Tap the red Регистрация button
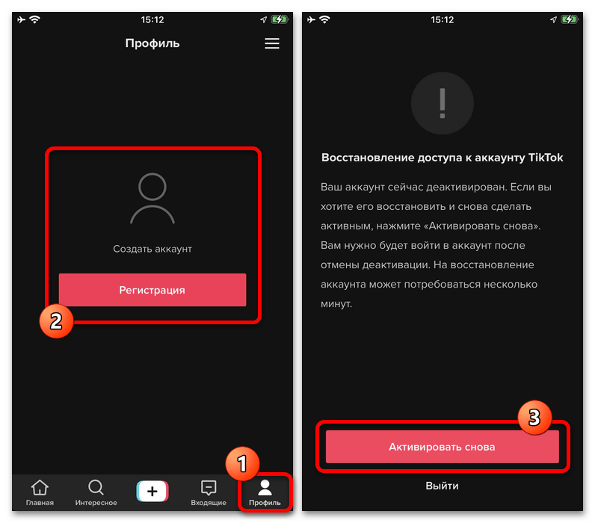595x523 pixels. [x=152, y=290]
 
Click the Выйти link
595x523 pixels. [x=442, y=486]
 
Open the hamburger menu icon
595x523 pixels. [x=271, y=43]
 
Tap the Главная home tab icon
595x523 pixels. [x=40, y=488]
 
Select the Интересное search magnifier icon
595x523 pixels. [x=96, y=488]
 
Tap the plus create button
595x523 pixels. [x=152, y=491]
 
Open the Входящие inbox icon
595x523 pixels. [x=209, y=488]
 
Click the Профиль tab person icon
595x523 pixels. [x=265, y=488]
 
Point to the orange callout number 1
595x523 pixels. [x=242, y=464]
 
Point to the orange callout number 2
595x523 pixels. [x=56, y=321]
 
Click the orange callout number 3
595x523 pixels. [x=534, y=418]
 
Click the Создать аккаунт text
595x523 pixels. [x=152, y=249]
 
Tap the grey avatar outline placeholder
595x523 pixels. [x=152, y=198]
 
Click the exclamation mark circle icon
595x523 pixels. [x=442, y=103]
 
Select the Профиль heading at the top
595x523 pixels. [x=152, y=43]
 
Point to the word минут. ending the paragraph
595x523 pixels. [x=336, y=304]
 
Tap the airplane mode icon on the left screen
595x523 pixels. [x=21, y=19]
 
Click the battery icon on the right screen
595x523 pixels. [x=570, y=19]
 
